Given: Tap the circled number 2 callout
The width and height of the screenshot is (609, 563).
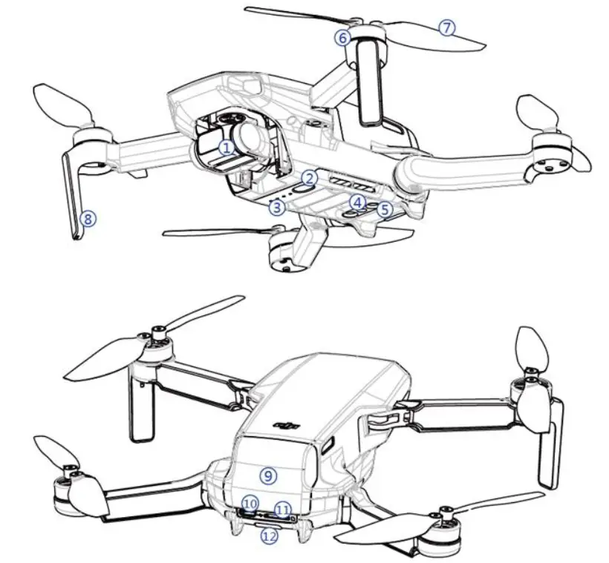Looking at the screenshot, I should tap(310, 177).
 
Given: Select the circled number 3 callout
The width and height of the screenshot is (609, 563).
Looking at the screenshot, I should tap(278, 207).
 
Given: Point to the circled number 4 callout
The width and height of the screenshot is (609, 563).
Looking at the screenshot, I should tap(359, 202).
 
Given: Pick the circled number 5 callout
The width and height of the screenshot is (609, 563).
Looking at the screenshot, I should tap(383, 209).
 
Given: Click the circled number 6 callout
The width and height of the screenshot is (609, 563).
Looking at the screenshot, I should tap(342, 37).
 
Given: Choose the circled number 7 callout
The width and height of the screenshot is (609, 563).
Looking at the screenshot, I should tap(446, 27).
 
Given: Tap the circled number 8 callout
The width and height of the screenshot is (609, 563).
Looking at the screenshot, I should tap(88, 218).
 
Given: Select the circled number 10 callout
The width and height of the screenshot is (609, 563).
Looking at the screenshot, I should tap(250, 504).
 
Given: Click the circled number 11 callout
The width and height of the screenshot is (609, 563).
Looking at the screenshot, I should tap(282, 509).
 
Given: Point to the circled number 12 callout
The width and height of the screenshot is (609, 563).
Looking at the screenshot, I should tap(269, 536).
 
